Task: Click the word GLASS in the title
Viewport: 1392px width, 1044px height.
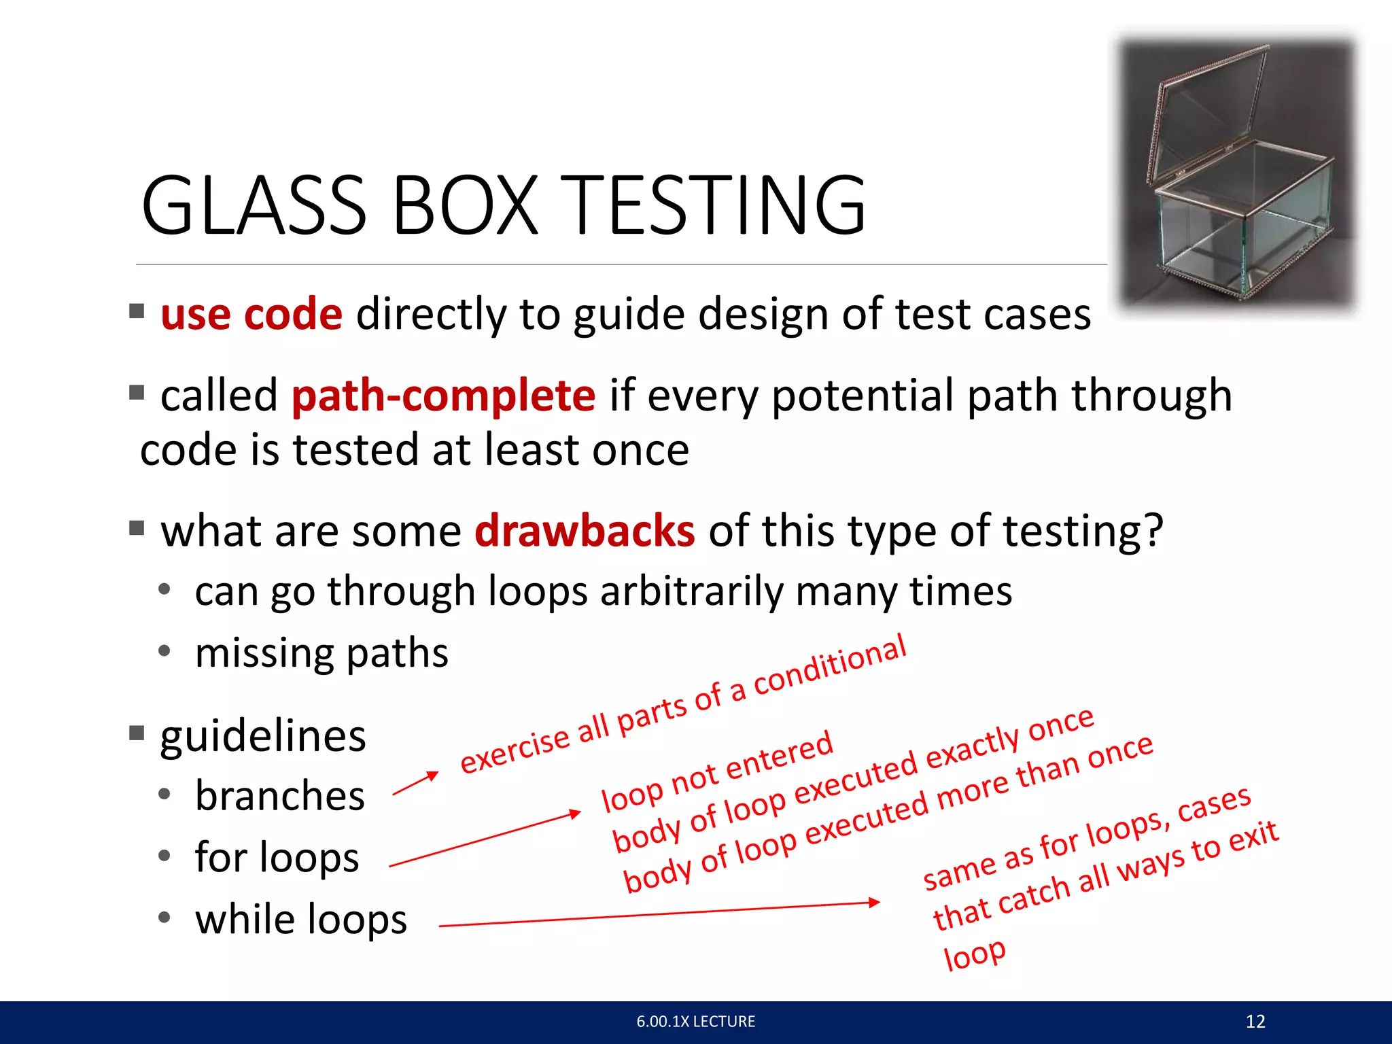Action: pyautogui.click(x=254, y=205)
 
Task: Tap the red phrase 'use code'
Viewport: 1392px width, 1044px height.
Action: pyautogui.click(x=251, y=314)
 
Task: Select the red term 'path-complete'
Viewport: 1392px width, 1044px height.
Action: pyautogui.click(x=443, y=396)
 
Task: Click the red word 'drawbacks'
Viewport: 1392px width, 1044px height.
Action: pyautogui.click(x=585, y=531)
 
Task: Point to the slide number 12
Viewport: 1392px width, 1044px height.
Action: pyautogui.click(x=1255, y=1021)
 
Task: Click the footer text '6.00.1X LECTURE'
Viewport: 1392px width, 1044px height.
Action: pyautogui.click(x=695, y=1021)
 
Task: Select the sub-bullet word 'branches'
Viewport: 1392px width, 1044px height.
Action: pyautogui.click(x=279, y=796)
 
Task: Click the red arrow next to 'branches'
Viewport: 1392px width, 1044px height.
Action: pyautogui.click(x=415, y=784)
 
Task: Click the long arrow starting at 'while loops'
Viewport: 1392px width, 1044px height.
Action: pyautogui.click(x=659, y=914)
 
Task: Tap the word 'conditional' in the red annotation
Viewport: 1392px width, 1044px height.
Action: pyautogui.click(x=830, y=666)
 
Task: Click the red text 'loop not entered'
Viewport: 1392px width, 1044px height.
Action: pyautogui.click(x=717, y=771)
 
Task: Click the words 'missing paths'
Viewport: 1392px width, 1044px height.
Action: pyautogui.click(x=321, y=653)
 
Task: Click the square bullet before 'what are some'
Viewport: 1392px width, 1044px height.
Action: pyautogui.click(x=137, y=528)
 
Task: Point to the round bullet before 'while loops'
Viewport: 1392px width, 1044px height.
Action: pyautogui.click(x=164, y=918)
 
